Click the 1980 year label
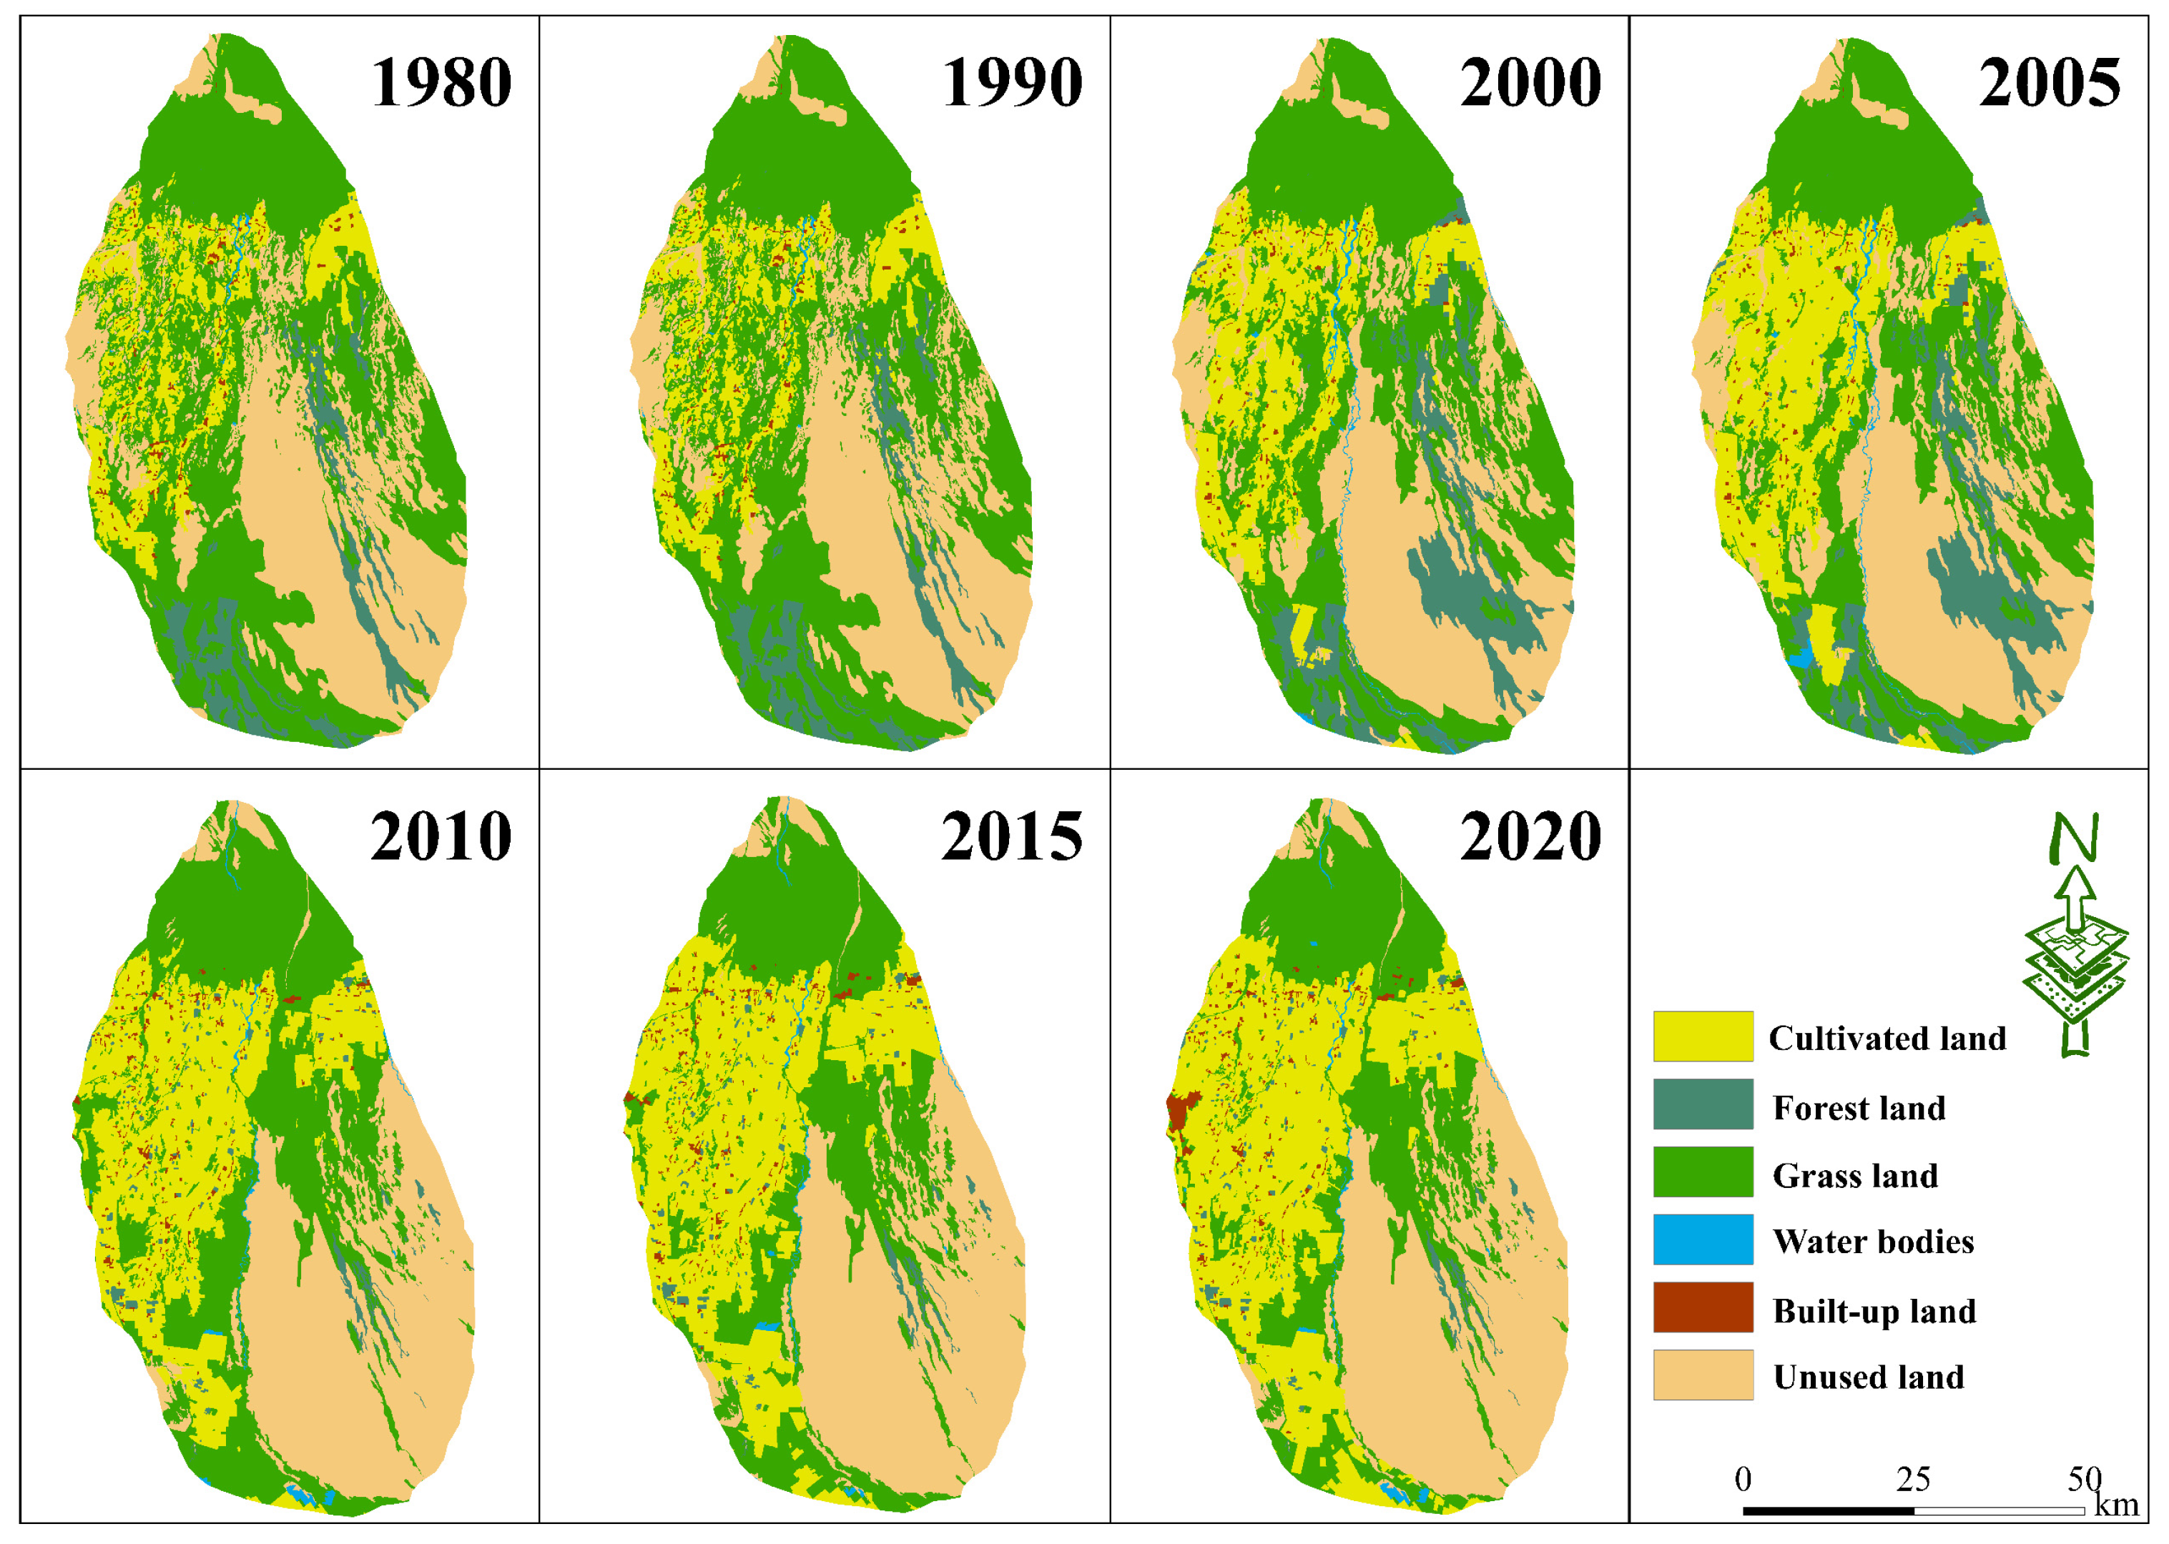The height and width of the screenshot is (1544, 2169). [441, 84]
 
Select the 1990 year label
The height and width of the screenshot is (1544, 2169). [1012, 84]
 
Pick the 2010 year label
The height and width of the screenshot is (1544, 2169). [441, 838]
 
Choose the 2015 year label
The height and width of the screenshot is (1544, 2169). [1012, 838]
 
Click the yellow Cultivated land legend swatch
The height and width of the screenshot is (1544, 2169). [1702, 1036]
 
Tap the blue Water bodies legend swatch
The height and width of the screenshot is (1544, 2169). [1702, 1239]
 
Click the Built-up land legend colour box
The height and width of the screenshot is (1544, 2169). [1702, 1307]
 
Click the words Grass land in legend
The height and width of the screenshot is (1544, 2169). [1854, 1176]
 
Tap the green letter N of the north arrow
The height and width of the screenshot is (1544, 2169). [2074, 836]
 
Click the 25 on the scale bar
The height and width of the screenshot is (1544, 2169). [1913, 1480]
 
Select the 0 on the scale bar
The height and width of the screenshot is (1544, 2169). [1743, 1480]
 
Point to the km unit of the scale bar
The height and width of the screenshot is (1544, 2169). [2117, 1505]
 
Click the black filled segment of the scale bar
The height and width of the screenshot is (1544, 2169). [1828, 1510]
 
